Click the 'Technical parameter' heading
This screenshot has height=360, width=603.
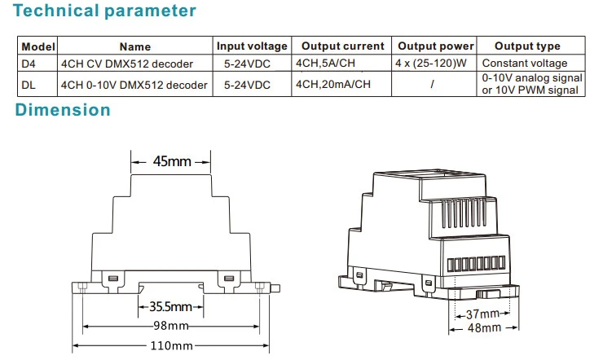pos(104,11)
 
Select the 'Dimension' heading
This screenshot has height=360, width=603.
pos(63,110)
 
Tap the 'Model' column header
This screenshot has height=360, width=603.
pos(38,46)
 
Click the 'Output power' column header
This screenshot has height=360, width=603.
pos(435,46)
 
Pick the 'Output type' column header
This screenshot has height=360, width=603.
pos(527,46)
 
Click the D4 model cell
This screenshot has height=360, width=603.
pos(28,64)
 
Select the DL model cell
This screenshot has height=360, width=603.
pos(28,85)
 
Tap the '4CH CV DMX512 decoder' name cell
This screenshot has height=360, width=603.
pos(127,64)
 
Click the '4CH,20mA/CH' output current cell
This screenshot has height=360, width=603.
pos(333,84)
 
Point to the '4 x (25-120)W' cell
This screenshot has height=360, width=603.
pos(431,63)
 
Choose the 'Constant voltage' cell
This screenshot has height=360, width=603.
pos(525,63)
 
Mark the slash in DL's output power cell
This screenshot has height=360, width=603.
pos(433,84)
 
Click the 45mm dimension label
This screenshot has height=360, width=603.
pos(172,161)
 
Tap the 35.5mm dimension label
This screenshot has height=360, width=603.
pos(170,306)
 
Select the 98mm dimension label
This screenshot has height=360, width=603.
pos(171,326)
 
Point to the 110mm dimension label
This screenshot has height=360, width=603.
pos(171,345)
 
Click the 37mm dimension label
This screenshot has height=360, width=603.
pos(482,314)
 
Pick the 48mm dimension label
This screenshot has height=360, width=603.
pos(484,327)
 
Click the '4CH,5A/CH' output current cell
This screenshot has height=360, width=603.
pos(325,63)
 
